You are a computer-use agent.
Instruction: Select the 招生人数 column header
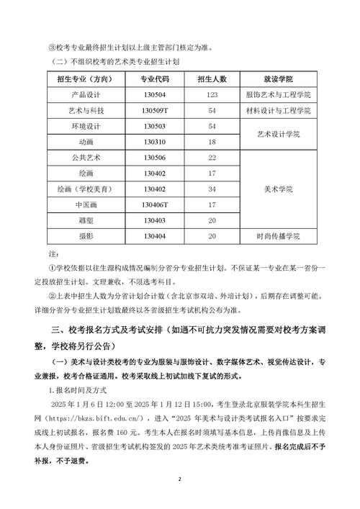pyautogui.click(x=212, y=78)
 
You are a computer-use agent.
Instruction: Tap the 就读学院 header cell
pyautogui.click(x=278, y=78)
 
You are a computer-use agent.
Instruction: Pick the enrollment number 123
pyautogui.click(x=212, y=94)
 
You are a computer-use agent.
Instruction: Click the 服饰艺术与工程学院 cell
pyautogui.click(x=278, y=94)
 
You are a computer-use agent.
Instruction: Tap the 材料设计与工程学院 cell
pyautogui.click(x=278, y=110)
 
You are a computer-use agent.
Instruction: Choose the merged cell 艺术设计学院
pyautogui.click(x=278, y=134)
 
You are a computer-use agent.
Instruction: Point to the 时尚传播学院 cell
pyautogui.click(x=278, y=236)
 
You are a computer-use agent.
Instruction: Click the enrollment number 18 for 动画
pyautogui.click(x=212, y=142)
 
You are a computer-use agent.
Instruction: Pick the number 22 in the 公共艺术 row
pyautogui.click(x=212, y=157)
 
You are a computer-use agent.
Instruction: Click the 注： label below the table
pyautogui.click(x=53, y=254)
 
